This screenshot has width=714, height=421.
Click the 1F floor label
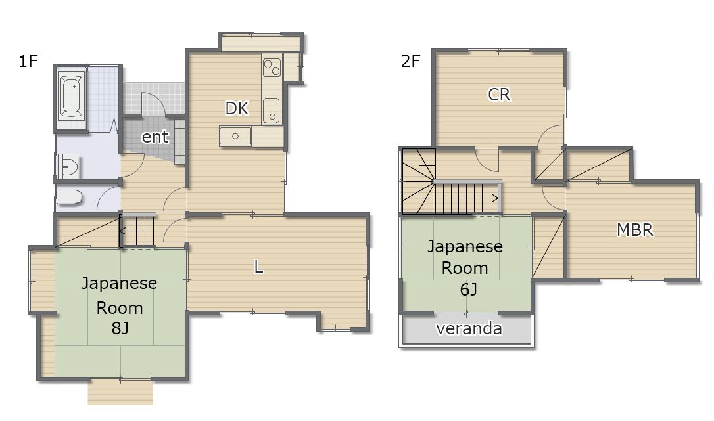tap(28, 60)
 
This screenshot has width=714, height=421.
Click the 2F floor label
tap(410, 60)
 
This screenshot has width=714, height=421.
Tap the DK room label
tap(237, 108)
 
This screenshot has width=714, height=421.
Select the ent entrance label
tap(155, 137)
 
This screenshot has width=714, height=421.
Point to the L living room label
tap(258, 266)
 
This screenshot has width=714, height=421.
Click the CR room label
tap(499, 95)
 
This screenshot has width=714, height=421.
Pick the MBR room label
tap(634, 230)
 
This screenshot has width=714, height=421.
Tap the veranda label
tap(469, 328)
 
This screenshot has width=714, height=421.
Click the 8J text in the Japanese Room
tap(120, 328)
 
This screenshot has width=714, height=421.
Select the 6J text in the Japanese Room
tap(468, 290)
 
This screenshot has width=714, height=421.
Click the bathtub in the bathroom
tap(72, 96)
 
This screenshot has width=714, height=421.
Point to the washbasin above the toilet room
tap(68, 166)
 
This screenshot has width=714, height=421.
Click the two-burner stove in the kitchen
tap(272, 67)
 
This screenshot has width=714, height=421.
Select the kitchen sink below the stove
tap(272, 110)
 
